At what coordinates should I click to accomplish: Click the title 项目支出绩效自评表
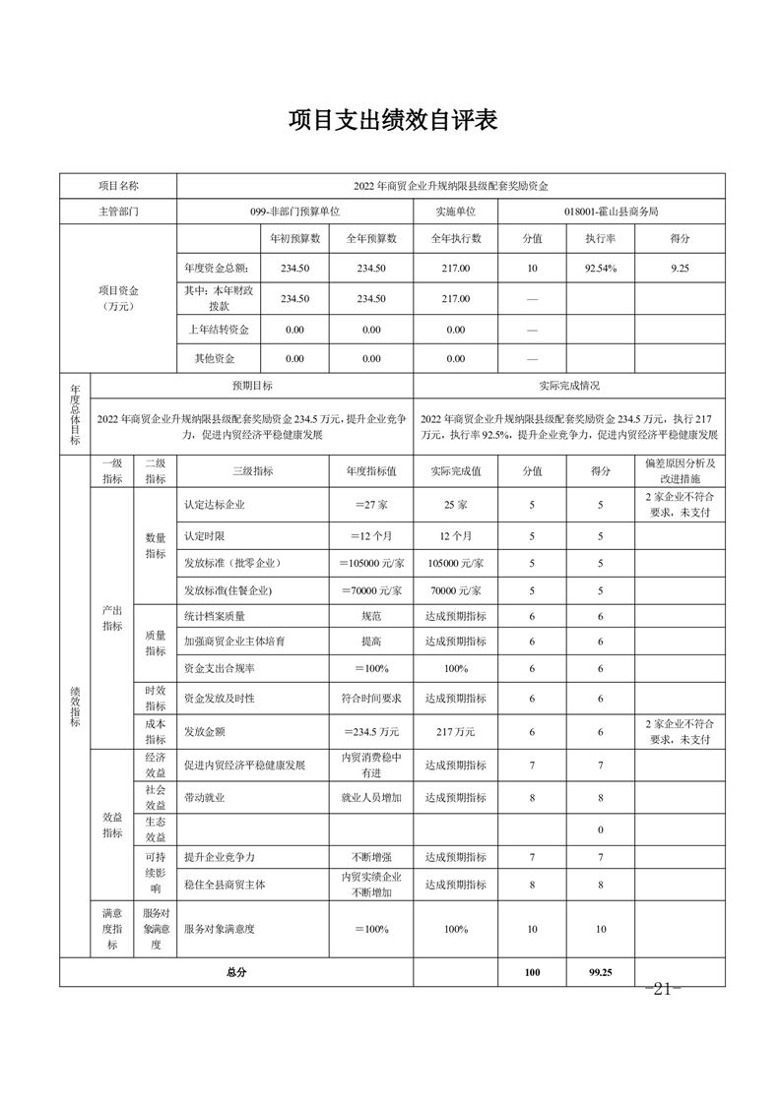[x=392, y=121]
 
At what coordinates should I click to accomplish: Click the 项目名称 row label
[x=118, y=185]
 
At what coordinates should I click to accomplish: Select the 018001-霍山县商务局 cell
[x=611, y=212]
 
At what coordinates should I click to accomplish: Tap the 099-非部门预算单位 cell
[x=294, y=212]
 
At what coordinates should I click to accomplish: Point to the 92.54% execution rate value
[x=601, y=268]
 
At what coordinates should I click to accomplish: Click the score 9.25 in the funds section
[x=680, y=268]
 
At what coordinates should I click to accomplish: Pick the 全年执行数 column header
[x=455, y=239]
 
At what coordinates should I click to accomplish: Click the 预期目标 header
[x=252, y=387]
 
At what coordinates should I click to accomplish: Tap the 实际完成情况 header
[x=569, y=387]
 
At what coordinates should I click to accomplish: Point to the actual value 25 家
[x=455, y=506]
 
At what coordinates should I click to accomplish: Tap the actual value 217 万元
[x=455, y=732]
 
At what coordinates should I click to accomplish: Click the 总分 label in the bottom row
[x=235, y=972]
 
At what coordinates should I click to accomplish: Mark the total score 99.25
[x=601, y=972]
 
